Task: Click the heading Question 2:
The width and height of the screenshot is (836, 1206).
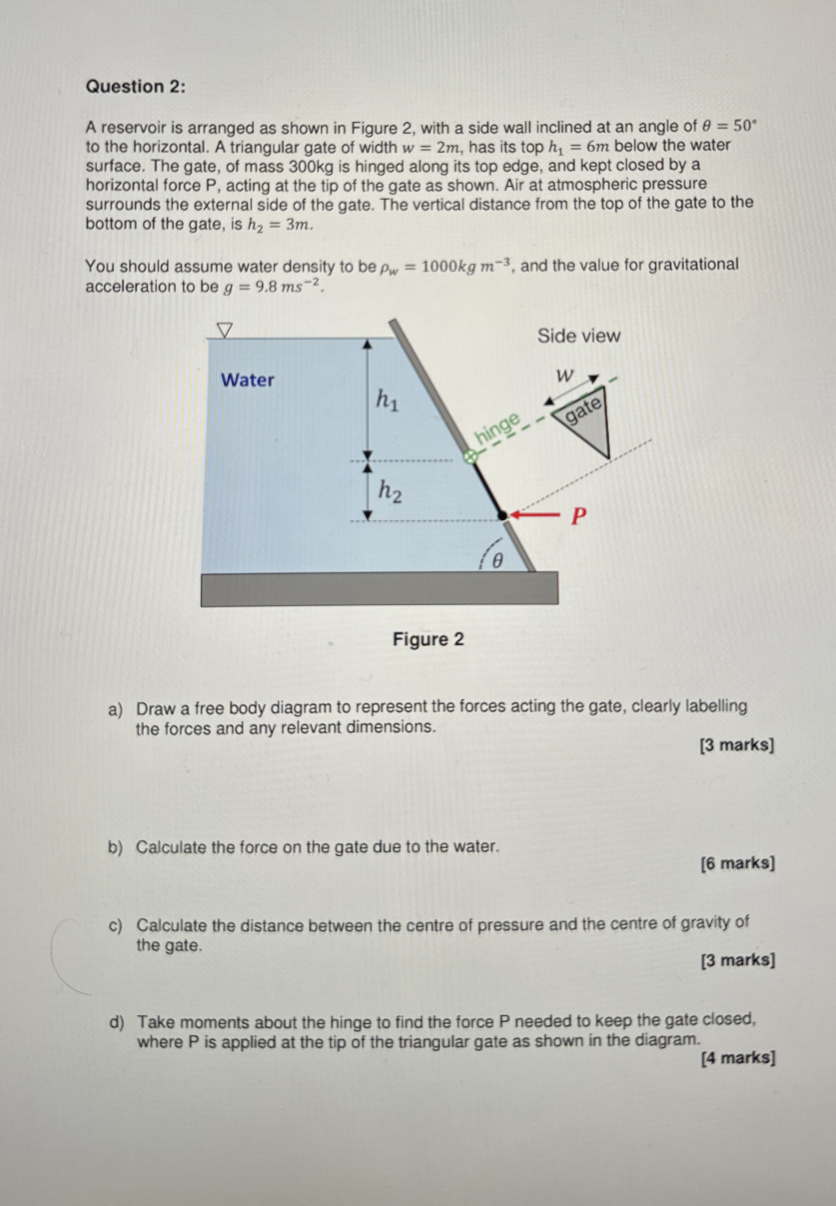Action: coord(135,86)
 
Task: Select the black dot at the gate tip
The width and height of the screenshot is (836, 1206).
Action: coord(502,515)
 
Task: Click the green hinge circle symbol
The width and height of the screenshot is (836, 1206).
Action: coord(471,457)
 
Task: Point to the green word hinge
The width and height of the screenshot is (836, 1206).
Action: coord(498,427)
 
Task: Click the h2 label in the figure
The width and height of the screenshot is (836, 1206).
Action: coord(390,491)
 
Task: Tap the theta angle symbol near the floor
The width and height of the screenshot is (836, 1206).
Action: coord(498,561)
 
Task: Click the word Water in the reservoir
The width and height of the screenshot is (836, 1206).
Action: coord(247,380)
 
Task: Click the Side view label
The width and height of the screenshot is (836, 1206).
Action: coord(578,336)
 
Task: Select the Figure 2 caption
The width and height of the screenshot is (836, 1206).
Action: coord(428,639)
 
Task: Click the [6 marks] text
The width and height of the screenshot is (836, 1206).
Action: coord(737,863)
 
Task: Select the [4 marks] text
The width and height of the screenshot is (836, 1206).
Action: coord(738,1058)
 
